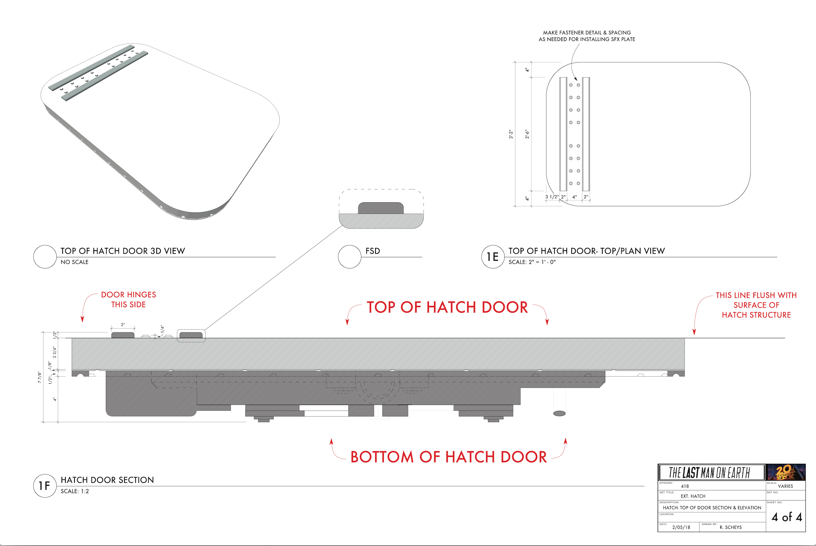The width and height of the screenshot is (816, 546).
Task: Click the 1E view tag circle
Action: pyautogui.click(x=493, y=257)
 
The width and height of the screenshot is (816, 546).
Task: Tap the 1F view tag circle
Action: pyautogui.click(x=45, y=486)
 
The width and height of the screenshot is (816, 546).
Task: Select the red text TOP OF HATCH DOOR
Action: pyautogui.click(x=447, y=307)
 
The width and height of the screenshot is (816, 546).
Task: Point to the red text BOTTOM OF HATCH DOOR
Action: pyautogui.click(x=449, y=457)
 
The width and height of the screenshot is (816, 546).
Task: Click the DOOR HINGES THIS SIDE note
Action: pyautogui.click(x=128, y=300)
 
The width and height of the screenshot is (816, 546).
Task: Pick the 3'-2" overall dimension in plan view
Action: pyautogui.click(x=511, y=134)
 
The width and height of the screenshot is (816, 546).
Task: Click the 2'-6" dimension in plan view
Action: pyautogui.click(x=527, y=134)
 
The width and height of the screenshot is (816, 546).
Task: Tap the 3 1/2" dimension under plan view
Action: pyautogui.click(x=552, y=197)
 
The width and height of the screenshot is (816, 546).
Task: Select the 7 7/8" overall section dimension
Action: pyautogui.click(x=40, y=377)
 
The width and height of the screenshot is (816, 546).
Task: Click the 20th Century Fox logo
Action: pyautogui.click(x=786, y=472)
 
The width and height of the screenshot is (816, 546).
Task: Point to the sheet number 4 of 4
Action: pyautogui.click(x=787, y=517)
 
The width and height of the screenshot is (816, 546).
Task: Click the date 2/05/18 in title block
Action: pyautogui.click(x=681, y=527)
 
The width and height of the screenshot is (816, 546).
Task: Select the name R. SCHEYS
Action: pyautogui.click(x=730, y=527)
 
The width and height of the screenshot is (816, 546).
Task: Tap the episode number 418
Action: pyautogui.click(x=685, y=486)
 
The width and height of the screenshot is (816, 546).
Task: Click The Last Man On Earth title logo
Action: pyautogui.click(x=710, y=472)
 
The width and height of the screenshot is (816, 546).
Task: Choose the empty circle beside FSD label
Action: pyautogui.click(x=349, y=257)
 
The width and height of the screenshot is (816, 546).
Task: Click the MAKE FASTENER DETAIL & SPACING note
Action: pyautogui.click(x=587, y=36)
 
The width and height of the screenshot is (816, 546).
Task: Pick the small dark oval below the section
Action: pyautogui.click(x=559, y=413)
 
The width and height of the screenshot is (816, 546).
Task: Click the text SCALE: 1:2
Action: pyautogui.click(x=75, y=491)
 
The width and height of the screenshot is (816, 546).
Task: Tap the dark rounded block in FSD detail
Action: pyautogui.click(x=381, y=208)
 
